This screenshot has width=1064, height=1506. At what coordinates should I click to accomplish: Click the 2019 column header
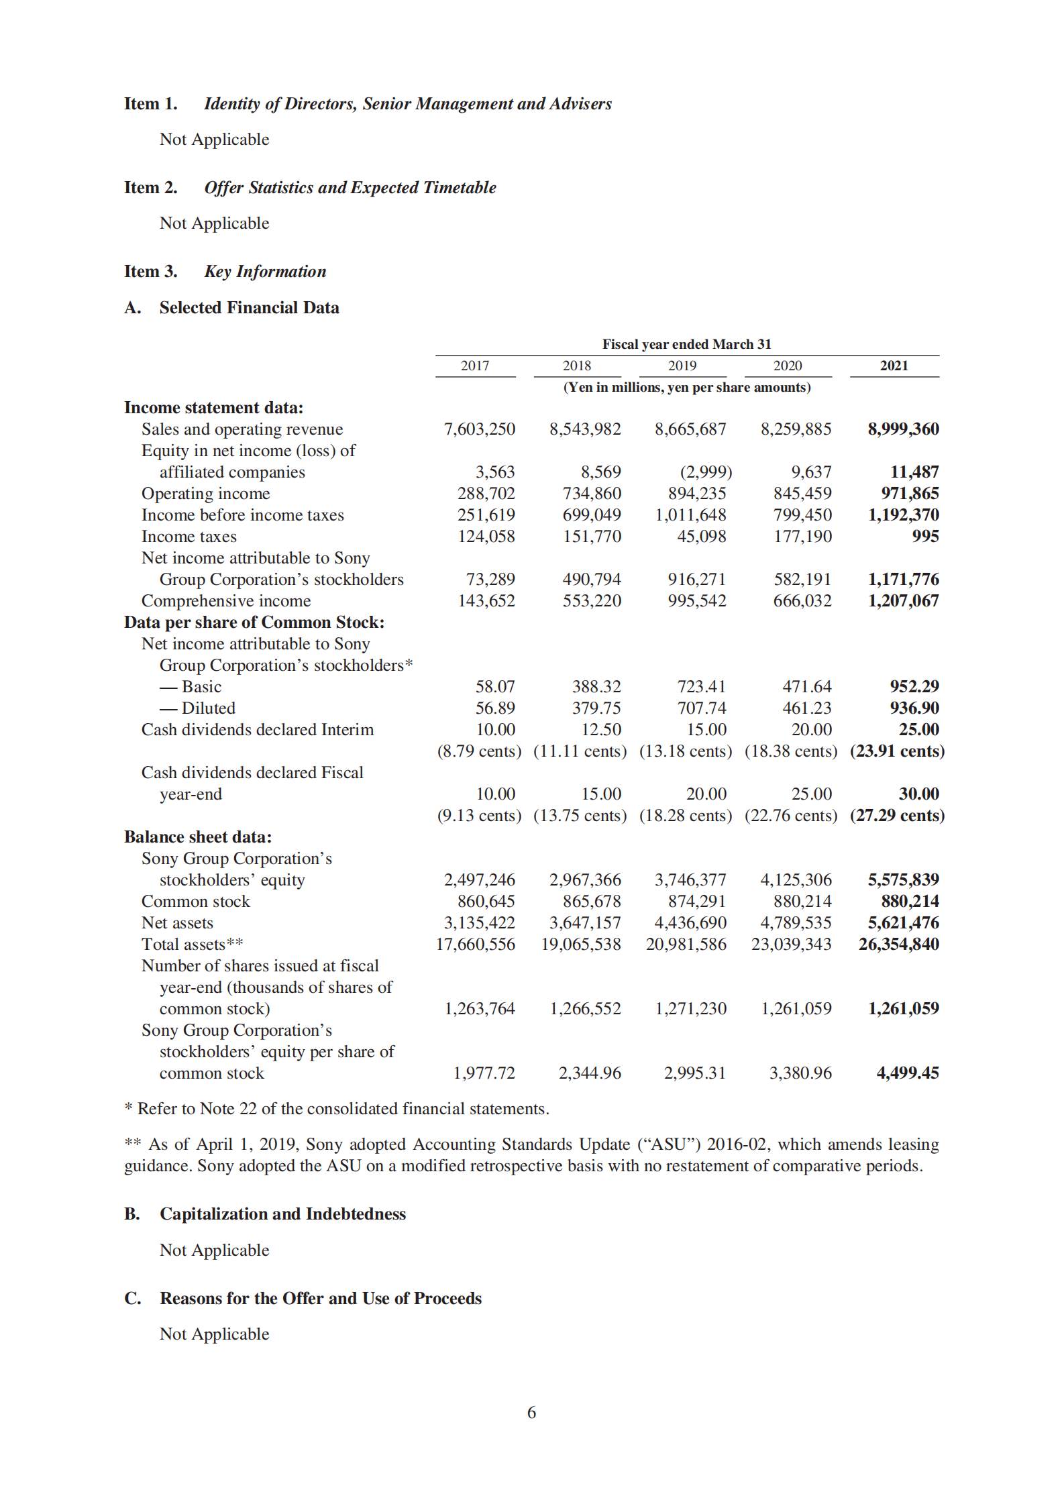(682, 366)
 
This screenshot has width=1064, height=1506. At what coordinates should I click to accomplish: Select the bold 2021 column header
(894, 366)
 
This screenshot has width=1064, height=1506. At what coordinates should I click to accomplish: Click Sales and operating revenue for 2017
(479, 429)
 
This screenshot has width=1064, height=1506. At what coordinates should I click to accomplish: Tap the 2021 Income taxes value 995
(925, 536)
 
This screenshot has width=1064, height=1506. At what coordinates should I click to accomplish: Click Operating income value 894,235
(696, 494)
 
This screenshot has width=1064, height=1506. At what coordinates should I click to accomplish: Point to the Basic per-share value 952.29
(914, 686)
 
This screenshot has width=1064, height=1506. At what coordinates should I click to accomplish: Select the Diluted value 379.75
(596, 708)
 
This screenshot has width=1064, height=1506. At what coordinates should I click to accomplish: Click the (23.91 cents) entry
(897, 751)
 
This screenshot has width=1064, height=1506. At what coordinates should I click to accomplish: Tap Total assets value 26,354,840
(898, 944)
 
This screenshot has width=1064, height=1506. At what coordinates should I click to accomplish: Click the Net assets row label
(177, 923)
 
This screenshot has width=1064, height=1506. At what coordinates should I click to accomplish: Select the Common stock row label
(195, 902)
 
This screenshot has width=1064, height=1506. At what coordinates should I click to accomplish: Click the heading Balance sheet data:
(198, 837)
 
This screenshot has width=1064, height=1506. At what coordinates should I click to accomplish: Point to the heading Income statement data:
(213, 408)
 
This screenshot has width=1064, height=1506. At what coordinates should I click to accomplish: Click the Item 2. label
(151, 188)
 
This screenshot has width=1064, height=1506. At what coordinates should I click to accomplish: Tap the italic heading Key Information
(265, 272)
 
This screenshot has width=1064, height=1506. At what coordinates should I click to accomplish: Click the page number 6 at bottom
(531, 1412)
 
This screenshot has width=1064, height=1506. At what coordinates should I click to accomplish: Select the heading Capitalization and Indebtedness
(282, 1214)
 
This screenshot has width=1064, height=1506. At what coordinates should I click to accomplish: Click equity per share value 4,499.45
(907, 1073)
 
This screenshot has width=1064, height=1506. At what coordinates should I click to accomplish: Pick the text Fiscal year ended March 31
(686, 344)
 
